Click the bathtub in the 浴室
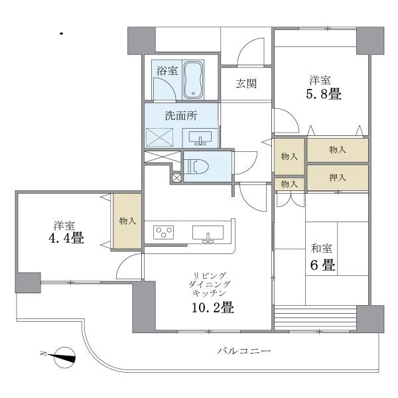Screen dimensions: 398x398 point(194,80)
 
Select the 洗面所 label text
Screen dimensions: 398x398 point(181,115)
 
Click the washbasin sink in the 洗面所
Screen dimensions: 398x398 point(200,137)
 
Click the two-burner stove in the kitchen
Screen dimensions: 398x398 point(163,232)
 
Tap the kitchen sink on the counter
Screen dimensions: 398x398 point(208,233)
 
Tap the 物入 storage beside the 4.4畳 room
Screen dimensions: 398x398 point(127,222)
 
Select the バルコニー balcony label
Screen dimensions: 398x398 point(243,351)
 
